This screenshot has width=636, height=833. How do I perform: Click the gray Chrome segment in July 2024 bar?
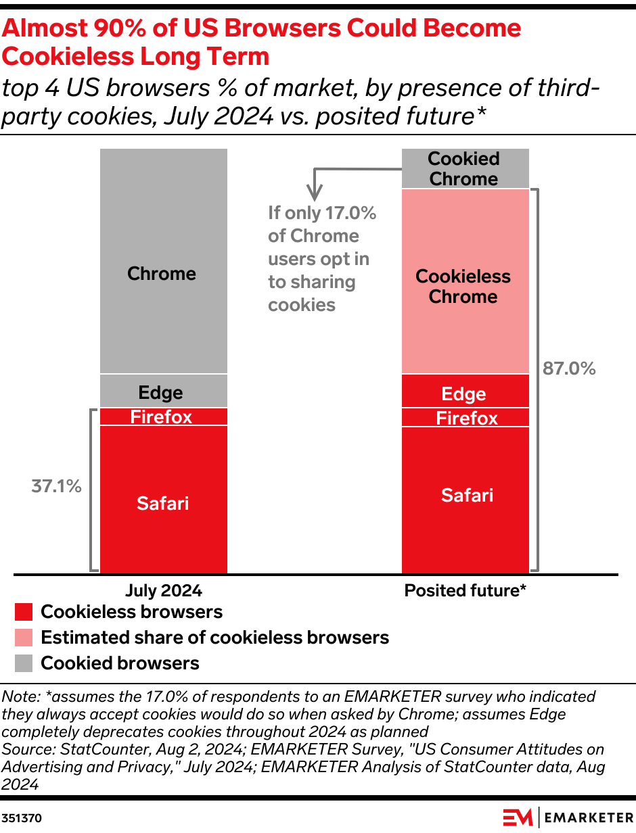[x=163, y=260]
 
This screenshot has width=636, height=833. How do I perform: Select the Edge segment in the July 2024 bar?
[x=163, y=391]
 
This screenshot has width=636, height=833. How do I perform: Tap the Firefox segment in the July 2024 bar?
[x=163, y=416]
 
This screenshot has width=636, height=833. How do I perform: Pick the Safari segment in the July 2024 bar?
[x=163, y=500]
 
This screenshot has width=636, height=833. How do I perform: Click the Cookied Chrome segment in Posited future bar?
[x=465, y=168]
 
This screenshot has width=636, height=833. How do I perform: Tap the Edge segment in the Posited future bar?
[x=465, y=391]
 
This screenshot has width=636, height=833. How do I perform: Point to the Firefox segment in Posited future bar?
[x=465, y=418]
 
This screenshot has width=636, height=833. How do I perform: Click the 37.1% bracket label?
[x=57, y=486]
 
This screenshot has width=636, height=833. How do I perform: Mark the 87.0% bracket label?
[x=569, y=368]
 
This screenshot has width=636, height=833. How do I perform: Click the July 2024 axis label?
[x=164, y=590]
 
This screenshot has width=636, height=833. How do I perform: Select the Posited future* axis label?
[x=465, y=590]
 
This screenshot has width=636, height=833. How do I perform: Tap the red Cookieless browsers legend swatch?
[x=24, y=613]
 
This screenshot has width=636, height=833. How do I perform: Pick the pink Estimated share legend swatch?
[x=24, y=638]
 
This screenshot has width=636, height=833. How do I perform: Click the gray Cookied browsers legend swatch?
[x=24, y=663]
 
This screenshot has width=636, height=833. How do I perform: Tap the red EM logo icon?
[x=518, y=817]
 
